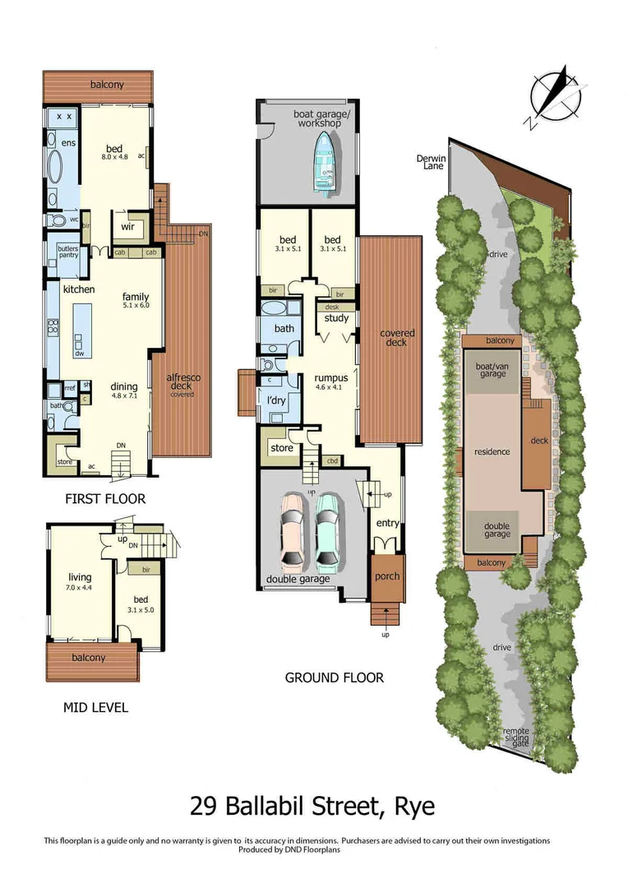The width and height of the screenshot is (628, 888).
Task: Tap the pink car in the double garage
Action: click(293, 532)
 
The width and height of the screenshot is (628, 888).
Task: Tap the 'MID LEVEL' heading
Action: click(96, 706)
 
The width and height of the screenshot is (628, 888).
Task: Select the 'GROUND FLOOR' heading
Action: click(334, 678)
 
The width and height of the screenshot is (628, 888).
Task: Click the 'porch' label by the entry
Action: click(387, 576)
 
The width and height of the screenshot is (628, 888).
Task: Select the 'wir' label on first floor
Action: click(128, 227)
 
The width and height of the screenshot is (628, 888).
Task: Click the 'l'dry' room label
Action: click(275, 400)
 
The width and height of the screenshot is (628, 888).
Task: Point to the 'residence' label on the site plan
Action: click(492, 451)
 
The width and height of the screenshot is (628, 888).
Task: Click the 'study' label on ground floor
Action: click(336, 318)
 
